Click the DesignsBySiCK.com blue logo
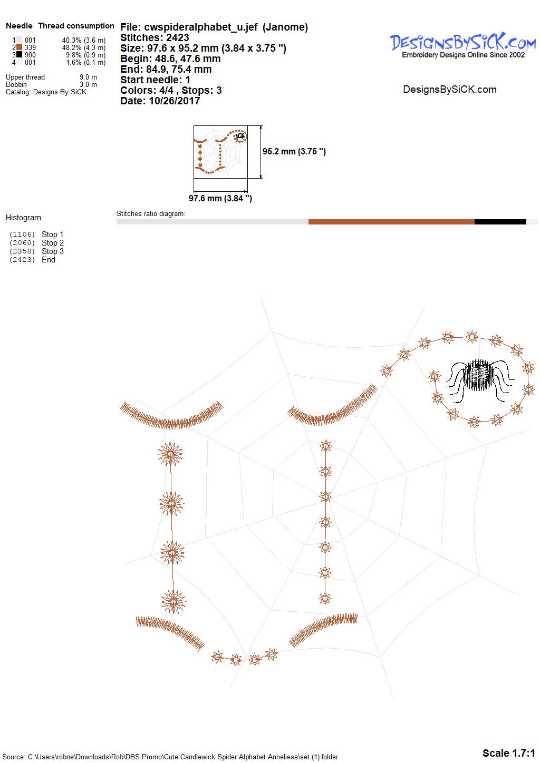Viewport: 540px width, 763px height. tap(462, 45)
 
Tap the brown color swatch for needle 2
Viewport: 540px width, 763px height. tap(20, 47)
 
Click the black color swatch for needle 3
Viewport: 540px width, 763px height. tap(20, 54)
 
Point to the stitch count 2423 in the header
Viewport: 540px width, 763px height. tap(177, 37)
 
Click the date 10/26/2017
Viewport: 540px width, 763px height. tap(174, 101)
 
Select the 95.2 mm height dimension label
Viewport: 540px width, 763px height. tap(294, 152)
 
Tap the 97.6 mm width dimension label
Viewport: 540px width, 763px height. tap(220, 198)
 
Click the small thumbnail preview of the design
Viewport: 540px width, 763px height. tap(220, 152)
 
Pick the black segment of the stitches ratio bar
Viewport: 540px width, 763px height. tap(500, 222)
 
